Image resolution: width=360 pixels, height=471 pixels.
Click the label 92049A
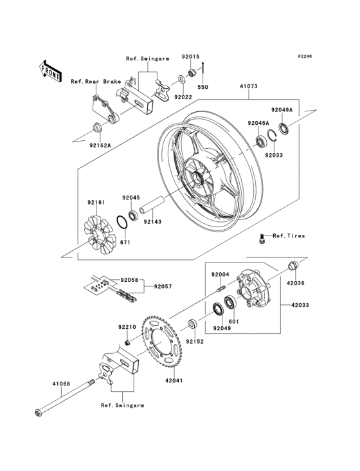(x=281, y=110)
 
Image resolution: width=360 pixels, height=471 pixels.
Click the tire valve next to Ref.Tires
(x=262, y=239)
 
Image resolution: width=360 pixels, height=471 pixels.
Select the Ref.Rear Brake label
(x=95, y=81)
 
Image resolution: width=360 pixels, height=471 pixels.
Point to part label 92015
(x=190, y=57)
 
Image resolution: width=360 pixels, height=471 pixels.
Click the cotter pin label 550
(x=203, y=86)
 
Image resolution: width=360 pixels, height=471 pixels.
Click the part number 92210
(x=126, y=327)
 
